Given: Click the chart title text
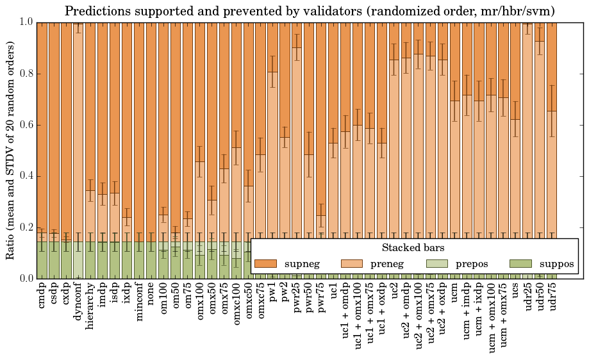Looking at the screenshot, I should (x=310, y=11).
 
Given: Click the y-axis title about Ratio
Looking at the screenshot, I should (x=11, y=150).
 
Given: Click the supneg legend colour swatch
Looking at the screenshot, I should (x=265, y=264).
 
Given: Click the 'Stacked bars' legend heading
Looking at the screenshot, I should (x=413, y=247).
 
